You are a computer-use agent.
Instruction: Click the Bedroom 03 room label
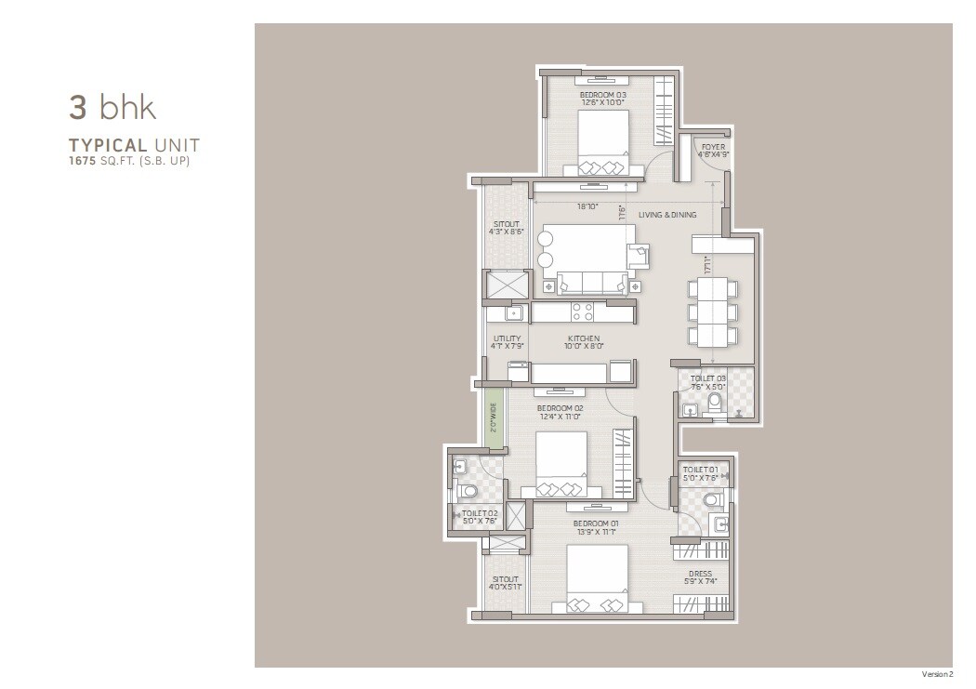(602, 95)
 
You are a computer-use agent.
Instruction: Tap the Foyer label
(713, 147)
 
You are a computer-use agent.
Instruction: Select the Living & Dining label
(667, 215)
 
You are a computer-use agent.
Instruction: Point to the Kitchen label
(584, 338)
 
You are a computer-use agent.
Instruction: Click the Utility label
(507, 338)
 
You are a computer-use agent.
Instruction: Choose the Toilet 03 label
(708, 378)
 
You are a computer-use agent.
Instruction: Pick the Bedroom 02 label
(560, 408)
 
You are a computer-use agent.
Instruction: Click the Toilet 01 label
(700, 470)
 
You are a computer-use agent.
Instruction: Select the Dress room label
(700, 574)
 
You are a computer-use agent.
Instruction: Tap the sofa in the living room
(590, 283)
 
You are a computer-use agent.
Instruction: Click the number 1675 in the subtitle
(82, 160)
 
